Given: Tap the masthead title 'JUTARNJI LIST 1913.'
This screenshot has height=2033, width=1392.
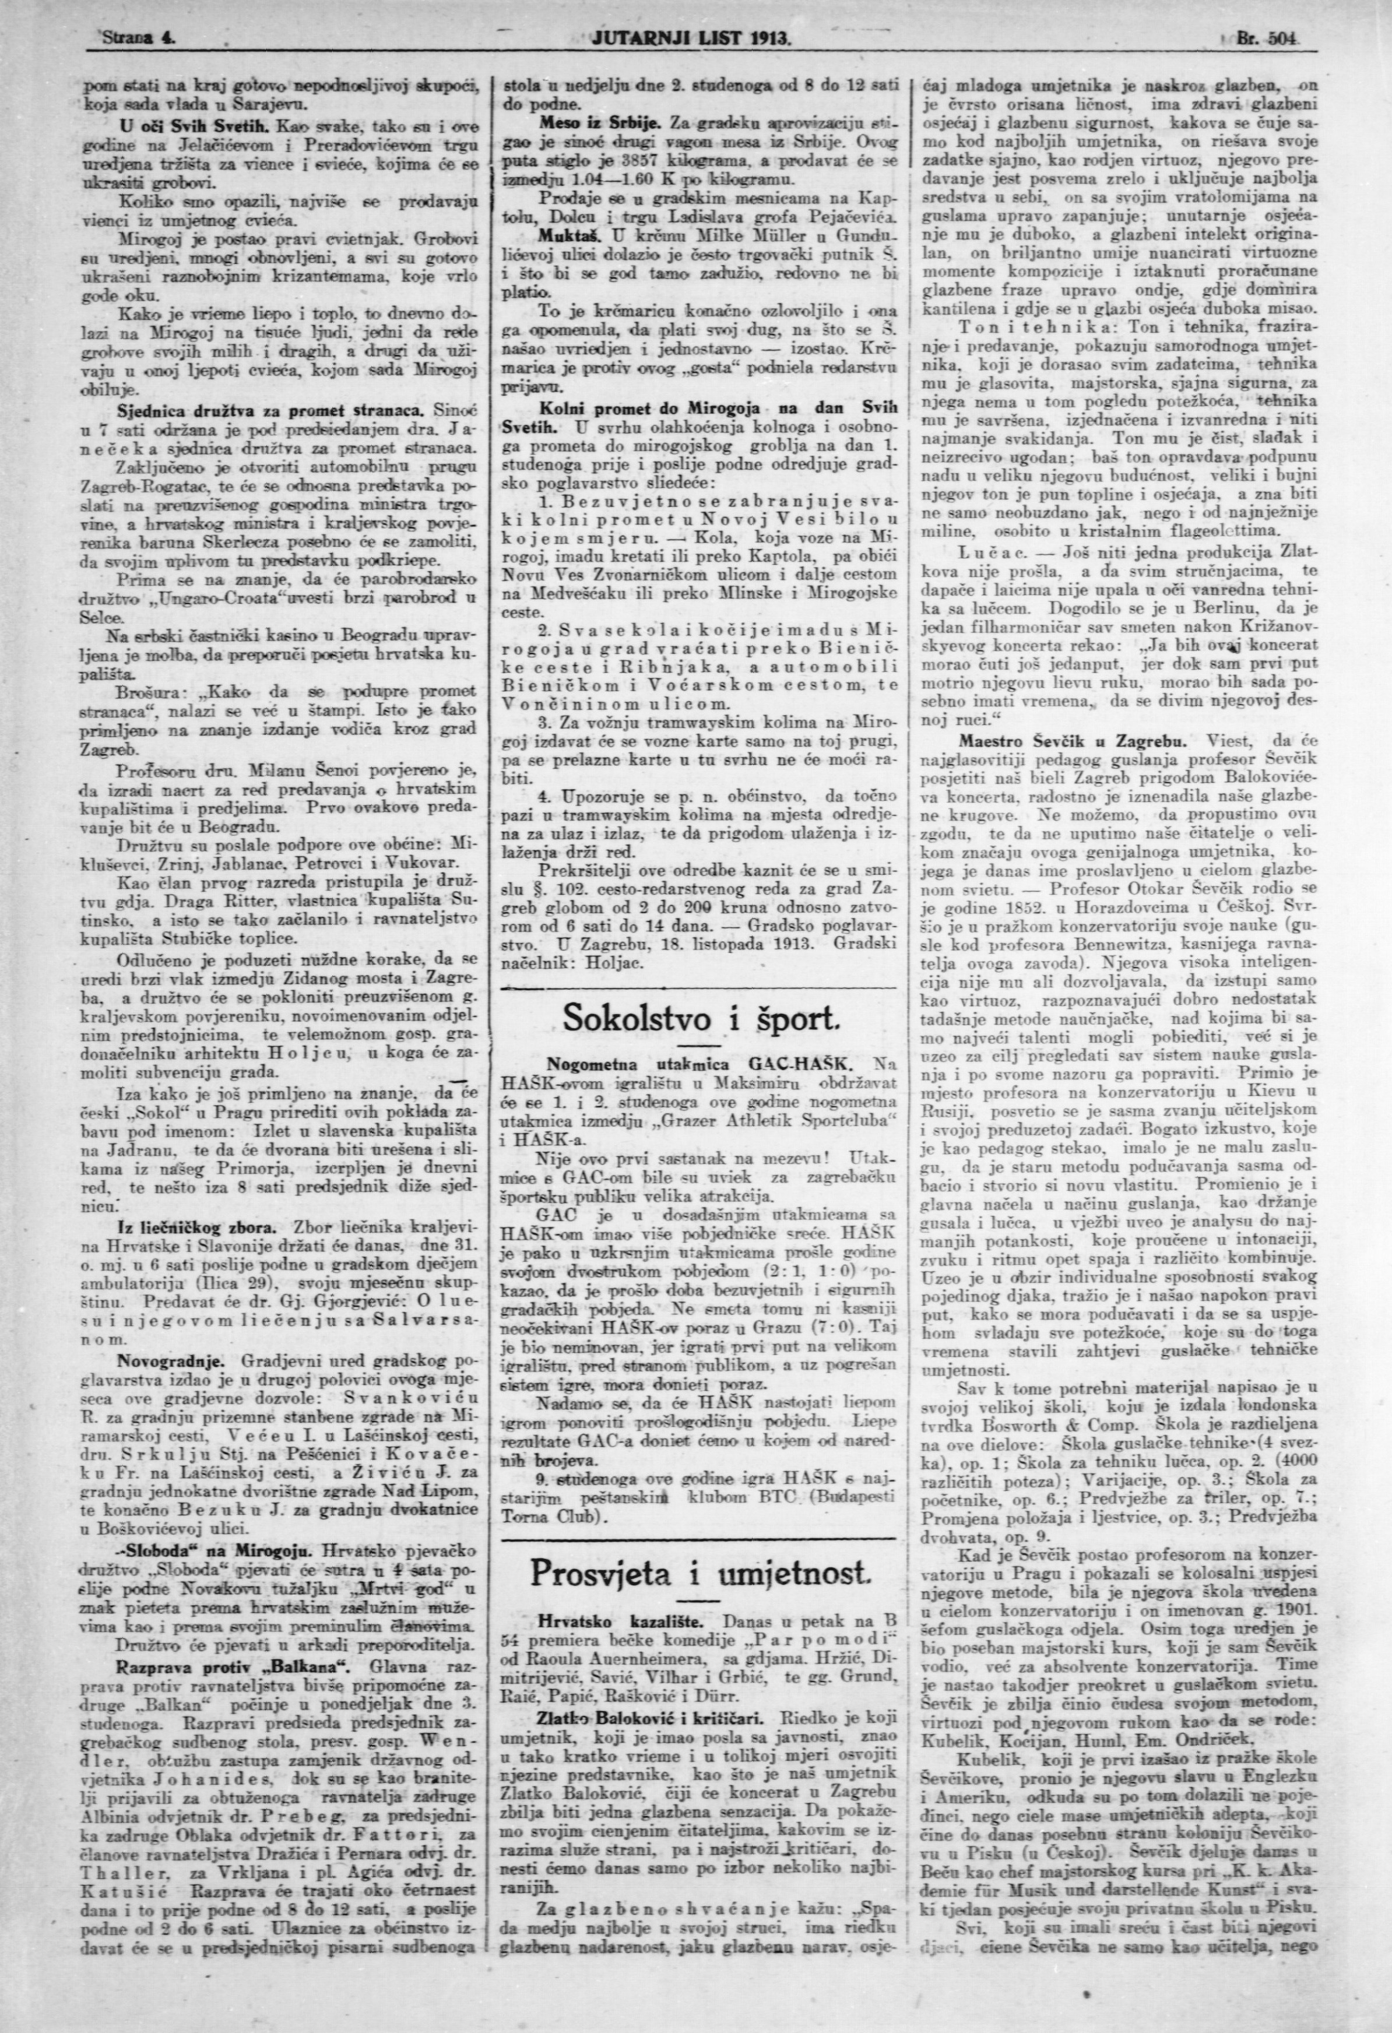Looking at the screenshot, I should (691, 40).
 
